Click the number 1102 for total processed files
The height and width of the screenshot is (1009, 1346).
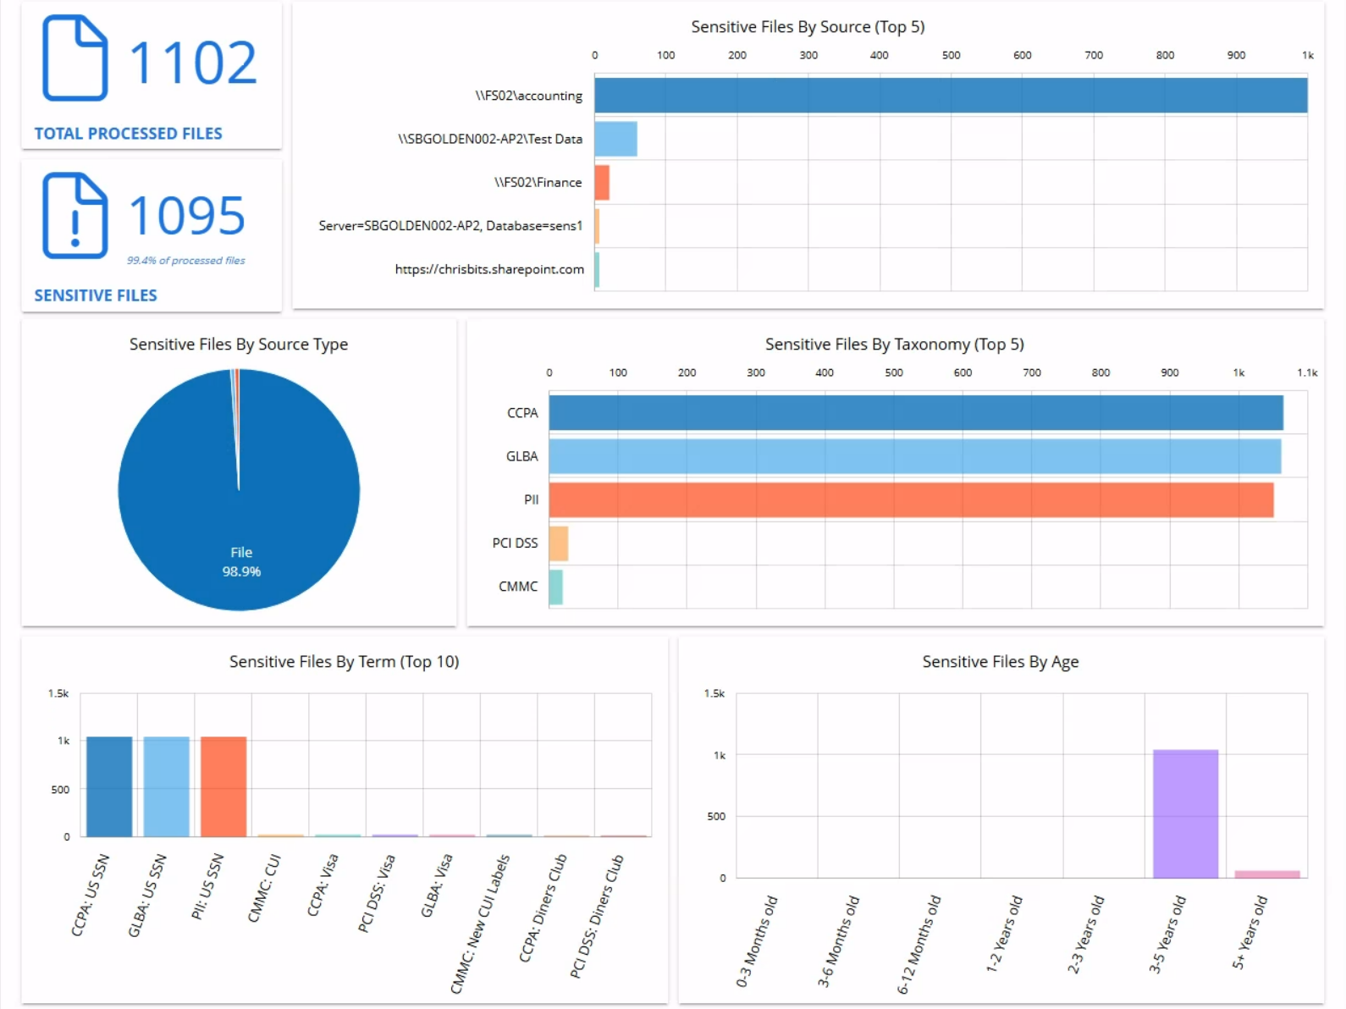192,63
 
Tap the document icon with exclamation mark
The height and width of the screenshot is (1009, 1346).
74,215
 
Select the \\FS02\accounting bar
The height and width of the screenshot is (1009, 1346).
950,96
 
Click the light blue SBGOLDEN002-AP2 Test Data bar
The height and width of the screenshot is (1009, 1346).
615,139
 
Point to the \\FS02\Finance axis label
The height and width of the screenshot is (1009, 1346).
538,182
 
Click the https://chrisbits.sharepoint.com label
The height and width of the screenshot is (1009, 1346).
489,269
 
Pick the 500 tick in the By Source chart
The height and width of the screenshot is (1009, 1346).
951,55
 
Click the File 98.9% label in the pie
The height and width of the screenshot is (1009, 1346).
241,561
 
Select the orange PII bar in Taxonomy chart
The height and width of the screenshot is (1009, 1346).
911,499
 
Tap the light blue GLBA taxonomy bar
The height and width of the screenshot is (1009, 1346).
914,456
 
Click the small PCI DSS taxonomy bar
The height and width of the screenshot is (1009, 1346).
559,543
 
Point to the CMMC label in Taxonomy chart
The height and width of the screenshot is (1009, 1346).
518,587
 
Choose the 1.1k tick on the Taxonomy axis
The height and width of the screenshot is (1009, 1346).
1306,372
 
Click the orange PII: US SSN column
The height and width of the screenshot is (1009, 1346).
223,786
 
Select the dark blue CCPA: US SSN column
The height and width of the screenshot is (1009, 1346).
109,786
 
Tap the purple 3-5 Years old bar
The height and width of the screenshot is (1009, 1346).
1185,813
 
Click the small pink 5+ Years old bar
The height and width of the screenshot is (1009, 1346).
1266,874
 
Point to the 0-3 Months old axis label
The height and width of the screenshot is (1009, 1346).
756,941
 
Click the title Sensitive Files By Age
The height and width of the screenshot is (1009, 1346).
1000,662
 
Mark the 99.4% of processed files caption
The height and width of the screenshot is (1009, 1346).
186,261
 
